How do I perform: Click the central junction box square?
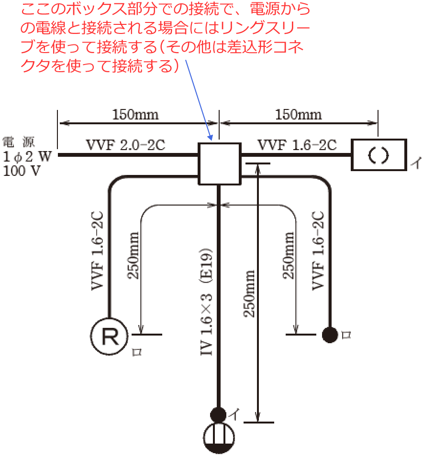coord(219,164)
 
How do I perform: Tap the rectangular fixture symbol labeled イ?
coord(379,154)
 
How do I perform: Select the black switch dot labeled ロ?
coord(330,335)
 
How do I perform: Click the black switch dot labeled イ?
coord(218,414)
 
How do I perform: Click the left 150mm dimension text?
coord(135,115)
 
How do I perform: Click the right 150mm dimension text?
coord(299,115)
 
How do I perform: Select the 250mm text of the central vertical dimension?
coord(249,293)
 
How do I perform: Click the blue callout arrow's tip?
coord(211,140)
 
